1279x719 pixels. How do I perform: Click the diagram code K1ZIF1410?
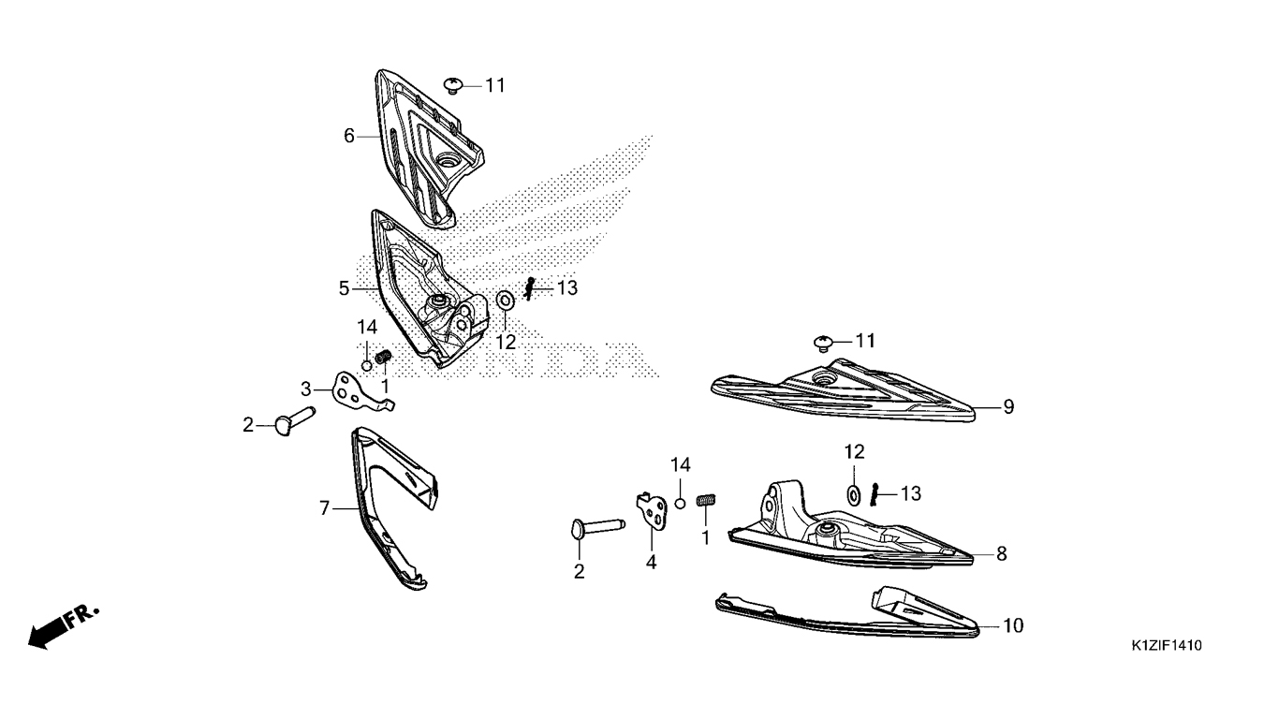click(1167, 646)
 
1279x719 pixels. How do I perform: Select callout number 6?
click(349, 136)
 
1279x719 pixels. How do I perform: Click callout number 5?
click(344, 288)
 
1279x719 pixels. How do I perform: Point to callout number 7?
click(324, 507)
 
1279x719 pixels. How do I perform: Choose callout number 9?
click(1008, 407)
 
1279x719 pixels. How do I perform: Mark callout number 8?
click(1002, 553)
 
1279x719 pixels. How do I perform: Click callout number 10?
click(1013, 626)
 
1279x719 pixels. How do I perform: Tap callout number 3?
click(306, 389)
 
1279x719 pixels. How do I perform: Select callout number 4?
click(651, 562)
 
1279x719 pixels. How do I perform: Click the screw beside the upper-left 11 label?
click(453, 86)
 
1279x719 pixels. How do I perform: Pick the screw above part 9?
click(823, 344)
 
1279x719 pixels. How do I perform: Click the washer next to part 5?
click(505, 301)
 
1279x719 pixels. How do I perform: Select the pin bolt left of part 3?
click(293, 421)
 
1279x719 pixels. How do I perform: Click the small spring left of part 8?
click(706, 500)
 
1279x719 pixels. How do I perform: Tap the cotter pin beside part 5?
click(529, 289)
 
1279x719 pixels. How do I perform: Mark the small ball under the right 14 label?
click(680, 503)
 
